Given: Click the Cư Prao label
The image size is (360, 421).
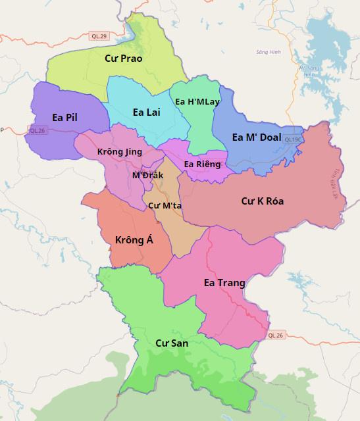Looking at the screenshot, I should (124, 59).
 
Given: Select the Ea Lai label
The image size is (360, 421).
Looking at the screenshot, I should (146, 112).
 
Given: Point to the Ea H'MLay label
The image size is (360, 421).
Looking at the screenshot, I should (197, 102).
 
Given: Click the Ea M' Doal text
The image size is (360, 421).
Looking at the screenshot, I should (257, 137).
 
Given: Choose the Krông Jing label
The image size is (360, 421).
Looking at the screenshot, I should (119, 152).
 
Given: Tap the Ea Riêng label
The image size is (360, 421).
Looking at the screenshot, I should (203, 164).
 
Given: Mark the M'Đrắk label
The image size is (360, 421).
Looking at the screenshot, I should (147, 176).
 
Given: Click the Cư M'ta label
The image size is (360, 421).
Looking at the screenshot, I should (165, 206).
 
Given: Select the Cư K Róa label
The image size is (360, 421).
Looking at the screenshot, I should (263, 201).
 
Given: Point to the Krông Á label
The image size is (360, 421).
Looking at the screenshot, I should (134, 240).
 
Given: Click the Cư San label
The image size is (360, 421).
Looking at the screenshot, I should (172, 343).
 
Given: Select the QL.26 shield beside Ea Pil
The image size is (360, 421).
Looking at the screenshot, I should (38, 130).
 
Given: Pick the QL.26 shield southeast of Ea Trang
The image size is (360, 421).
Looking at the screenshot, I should (277, 335).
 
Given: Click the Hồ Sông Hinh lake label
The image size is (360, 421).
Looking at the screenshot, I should (308, 70).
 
